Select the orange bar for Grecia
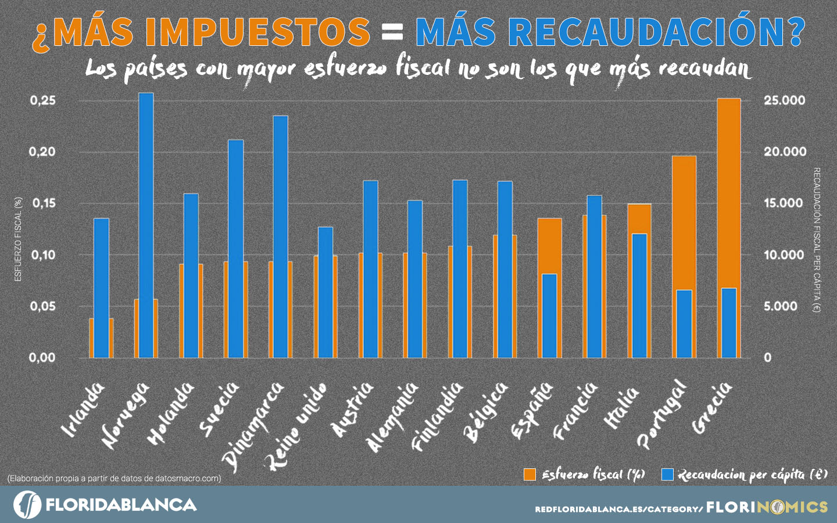click(729, 192)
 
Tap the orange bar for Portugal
click(684, 221)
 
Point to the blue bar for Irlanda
click(102, 288)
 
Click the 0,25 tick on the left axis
click(43, 101)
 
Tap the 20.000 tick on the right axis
click(785, 152)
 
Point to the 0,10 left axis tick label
click(43, 255)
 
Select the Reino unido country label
click(296, 424)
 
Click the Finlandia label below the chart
click(437, 415)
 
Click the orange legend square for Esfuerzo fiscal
click(530, 475)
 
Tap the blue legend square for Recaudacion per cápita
click(668, 475)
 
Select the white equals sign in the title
click(393, 33)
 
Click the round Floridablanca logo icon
click(27, 504)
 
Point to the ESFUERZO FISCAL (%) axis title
click(18, 239)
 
